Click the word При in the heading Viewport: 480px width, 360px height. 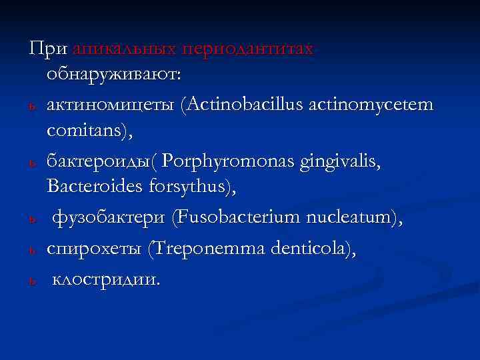point(47,49)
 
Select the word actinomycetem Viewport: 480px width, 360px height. point(377,105)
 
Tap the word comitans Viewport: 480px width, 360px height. point(89,133)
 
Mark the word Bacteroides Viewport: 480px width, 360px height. point(93,189)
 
